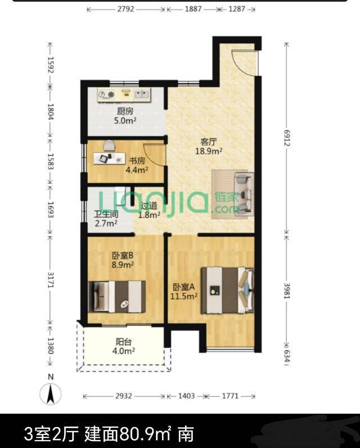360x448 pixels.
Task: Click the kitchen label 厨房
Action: pos(125,111)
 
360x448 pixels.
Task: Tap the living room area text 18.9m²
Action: pos(209,151)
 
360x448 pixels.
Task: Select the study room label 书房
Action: pos(137,161)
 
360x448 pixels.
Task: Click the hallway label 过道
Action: pos(149,205)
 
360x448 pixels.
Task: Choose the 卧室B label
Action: pos(123,255)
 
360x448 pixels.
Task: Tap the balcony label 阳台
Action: pos(124,341)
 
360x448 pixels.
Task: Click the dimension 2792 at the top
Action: pos(126,9)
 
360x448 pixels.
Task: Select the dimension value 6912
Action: pos(287,138)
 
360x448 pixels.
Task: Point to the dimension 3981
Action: pos(287,291)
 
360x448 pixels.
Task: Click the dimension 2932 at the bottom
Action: pos(124,396)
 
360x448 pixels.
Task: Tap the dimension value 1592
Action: pos(50,65)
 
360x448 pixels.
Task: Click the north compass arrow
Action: pos(50,393)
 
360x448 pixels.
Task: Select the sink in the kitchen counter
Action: pos(142,94)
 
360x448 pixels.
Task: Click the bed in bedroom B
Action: pos(117,297)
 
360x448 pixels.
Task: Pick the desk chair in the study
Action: pos(109,146)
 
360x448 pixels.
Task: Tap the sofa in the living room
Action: pos(244,194)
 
